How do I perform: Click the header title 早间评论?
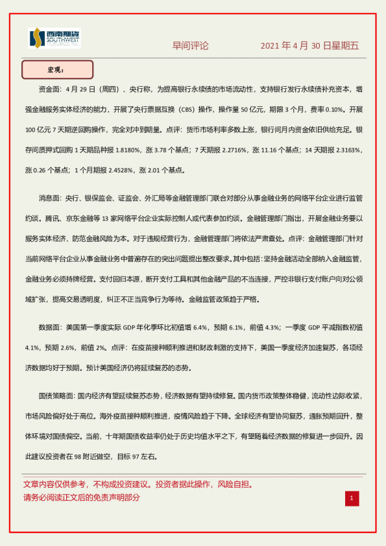coord(190,45)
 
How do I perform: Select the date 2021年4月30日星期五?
coord(309,45)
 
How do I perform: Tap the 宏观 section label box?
coord(58,69)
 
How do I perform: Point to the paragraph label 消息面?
coord(51,198)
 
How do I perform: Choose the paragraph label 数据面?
coord(51,327)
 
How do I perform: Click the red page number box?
coord(352,498)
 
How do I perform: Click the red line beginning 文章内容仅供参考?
coord(138,484)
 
